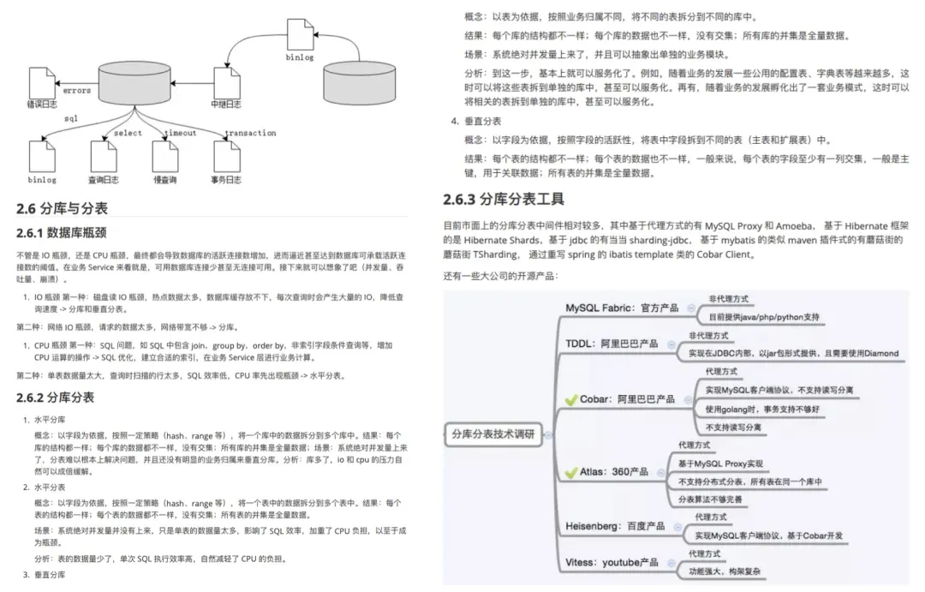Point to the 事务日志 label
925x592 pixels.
pyautogui.click(x=227, y=180)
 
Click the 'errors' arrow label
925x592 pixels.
pyautogui.click(x=77, y=90)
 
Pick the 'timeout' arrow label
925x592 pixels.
pyautogui.click(x=181, y=133)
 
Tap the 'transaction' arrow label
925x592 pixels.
pyautogui.click(x=250, y=133)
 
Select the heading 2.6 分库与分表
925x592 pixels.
pyautogui.click(x=62, y=208)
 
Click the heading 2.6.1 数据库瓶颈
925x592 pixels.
pyautogui.click(x=62, y=232)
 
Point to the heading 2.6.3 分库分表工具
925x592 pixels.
pyautogui.click(x=504, y=200)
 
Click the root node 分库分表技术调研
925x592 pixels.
pyautogui.click(x=492, y=434)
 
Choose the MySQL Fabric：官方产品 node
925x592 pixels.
pyautogui.click(x=622, y=308)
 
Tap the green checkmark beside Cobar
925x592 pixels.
pyautogui.click(x=571, y=399)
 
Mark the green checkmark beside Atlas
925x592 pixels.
pyautogui.click(x=571, y=472)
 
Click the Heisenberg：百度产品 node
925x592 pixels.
pyautogui.click(x=622, y=525)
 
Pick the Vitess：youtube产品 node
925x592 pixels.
pyautogui.click(x=612, y=562)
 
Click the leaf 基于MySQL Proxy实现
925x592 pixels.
pyautogui.click(x=720, y=463)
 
